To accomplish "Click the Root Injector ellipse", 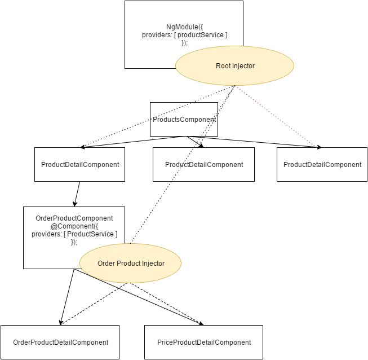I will (x=235, y=67).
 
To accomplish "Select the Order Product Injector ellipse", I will (x=131, y=264).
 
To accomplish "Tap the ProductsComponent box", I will (x=184, y=120).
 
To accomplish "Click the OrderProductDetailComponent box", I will (x=60, y=342).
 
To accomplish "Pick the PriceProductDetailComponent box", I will (x=203, y=342).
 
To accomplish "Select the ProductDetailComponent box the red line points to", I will (x=322, y=165).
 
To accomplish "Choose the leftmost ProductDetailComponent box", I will (x=80, y=165).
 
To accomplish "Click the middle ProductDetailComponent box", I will (x=204, y=165).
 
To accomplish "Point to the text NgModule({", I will (x=184, y=26).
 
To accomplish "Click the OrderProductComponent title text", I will (x=74, y=218).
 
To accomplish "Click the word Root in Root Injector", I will (x=223, y=67).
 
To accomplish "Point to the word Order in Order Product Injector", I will (x=107, y=264).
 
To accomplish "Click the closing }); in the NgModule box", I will (x=184, y=43).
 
